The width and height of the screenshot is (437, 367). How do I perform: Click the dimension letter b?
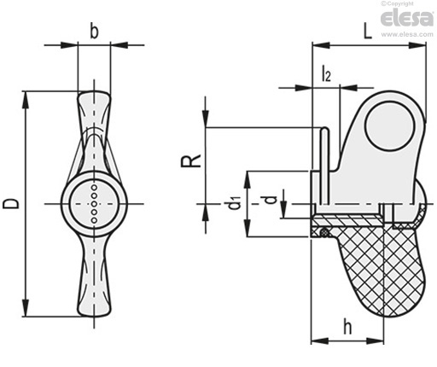[94, 32]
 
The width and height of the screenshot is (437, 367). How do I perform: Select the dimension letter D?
[11, 204]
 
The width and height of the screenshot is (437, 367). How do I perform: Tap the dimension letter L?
[368, 32]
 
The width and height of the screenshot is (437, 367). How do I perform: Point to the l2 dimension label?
[326, 73]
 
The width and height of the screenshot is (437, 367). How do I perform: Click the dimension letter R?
[191, 160]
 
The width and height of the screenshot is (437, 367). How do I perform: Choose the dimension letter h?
[347, 327]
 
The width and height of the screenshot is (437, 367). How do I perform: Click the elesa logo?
[407, 19]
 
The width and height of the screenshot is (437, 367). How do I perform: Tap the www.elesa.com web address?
[407, 34]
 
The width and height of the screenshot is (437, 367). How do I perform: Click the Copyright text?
[398, 3]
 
